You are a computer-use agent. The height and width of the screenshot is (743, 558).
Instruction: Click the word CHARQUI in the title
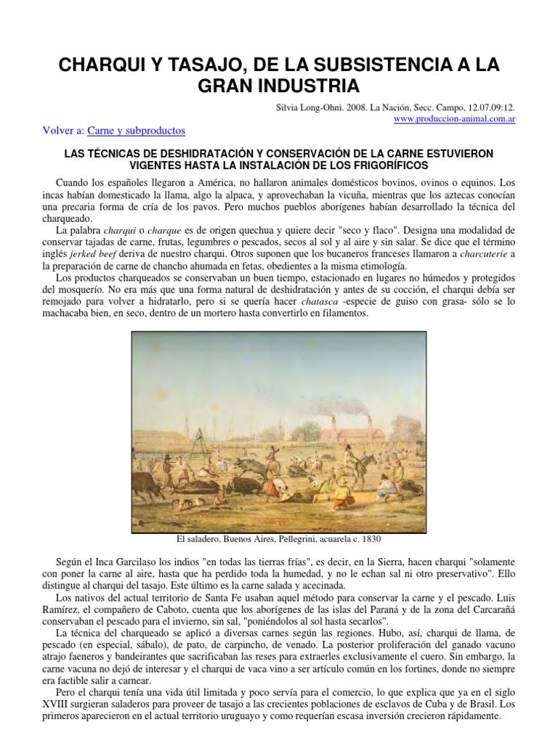(x=102, y=65)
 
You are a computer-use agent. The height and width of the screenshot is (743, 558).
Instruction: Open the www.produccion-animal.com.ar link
(x=455, y=118)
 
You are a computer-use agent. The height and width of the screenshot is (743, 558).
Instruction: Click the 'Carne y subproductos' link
(x=137, y=131)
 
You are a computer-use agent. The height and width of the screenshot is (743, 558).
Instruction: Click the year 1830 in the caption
(x=368, y=540)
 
